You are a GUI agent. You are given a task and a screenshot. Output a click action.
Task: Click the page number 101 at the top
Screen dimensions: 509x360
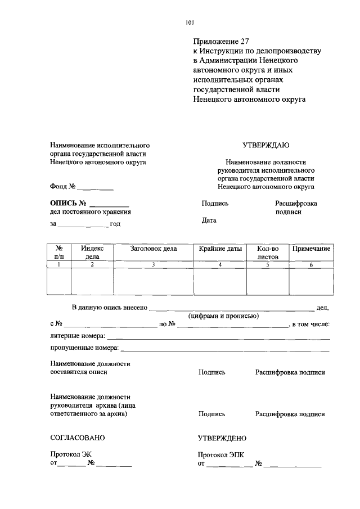tap(189, 22)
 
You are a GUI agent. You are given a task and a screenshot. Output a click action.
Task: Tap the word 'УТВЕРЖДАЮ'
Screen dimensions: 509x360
tap(265, 145)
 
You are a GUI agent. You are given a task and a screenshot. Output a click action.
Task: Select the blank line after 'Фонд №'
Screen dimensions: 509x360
tap(95, 188)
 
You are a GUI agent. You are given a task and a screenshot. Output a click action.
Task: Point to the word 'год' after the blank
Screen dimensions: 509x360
tap(115, 224)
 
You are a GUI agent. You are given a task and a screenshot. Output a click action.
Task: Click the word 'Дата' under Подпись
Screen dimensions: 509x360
tap(209, 220)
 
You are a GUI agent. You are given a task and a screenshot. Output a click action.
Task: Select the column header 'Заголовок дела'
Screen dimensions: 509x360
tap(153, 248)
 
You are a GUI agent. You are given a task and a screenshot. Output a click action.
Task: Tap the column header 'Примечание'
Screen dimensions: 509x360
tap(310, 248)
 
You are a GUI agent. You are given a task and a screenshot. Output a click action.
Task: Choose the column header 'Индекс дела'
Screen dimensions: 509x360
tap(92, 252)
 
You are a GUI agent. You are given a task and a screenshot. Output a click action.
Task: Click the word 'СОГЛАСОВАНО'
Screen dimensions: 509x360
tap(77, 438)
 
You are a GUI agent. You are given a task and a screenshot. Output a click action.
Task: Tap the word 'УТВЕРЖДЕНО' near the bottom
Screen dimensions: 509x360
tap(222, 438)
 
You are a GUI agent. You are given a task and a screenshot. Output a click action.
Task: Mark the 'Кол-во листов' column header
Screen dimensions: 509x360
tap(268, 252)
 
